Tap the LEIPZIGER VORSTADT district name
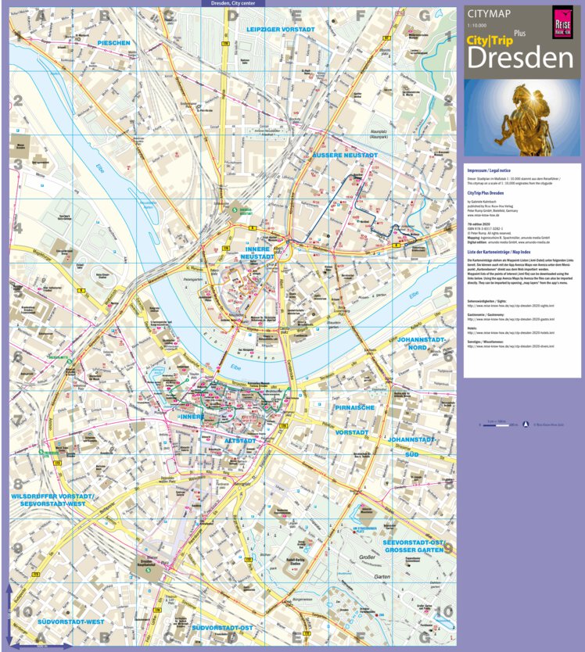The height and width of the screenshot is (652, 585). pyautogui.click(x=280, y=29)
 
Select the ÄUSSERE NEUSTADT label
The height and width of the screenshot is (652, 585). pyautogui.click(x=344, y=156)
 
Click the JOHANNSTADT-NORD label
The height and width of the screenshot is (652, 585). pyautogui.click(x=422, y=345)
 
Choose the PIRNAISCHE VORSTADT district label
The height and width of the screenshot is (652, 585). pyautogui.click(x=354, y=420)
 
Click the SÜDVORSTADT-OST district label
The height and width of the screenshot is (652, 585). pyautogui.click(x=224, y=628)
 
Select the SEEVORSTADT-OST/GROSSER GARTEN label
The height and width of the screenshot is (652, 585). pyautogui.click(x=414, y=546)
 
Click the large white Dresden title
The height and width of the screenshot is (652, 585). pyautogui.click(x=520, y=58)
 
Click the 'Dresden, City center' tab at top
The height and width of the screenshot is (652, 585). pyautogui.click(x=233, y=4)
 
